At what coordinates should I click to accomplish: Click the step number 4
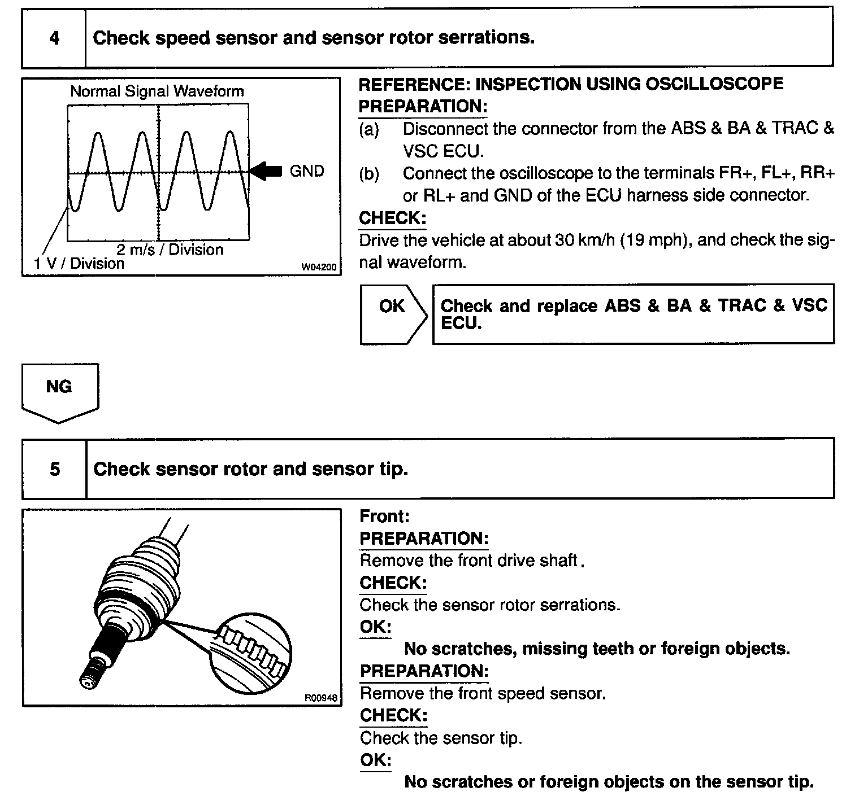click(x=54, y=38)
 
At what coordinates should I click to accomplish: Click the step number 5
click(x=55, y=469)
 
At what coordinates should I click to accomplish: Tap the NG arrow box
click(x=59, y=391)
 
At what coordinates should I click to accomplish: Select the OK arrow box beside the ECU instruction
click(x=393, y=313)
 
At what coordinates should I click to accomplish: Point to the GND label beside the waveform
click(x=307, y=171)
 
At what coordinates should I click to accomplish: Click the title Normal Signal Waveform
click(x=157, y=91)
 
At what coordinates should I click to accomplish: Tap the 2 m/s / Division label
click(x=170, y=250)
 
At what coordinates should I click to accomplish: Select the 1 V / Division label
click(x=79, y=264)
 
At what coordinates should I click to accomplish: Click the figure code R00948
click(x=322, y=698)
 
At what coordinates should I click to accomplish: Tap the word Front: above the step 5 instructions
click(x=384, y=516)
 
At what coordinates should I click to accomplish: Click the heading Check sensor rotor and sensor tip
click(x=250, y=469)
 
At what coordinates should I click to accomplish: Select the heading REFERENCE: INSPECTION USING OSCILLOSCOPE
click(x=571, y=84)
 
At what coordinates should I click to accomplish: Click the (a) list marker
click(x=369, y=129)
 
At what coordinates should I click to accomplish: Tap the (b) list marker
click(x=369, y=174)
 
